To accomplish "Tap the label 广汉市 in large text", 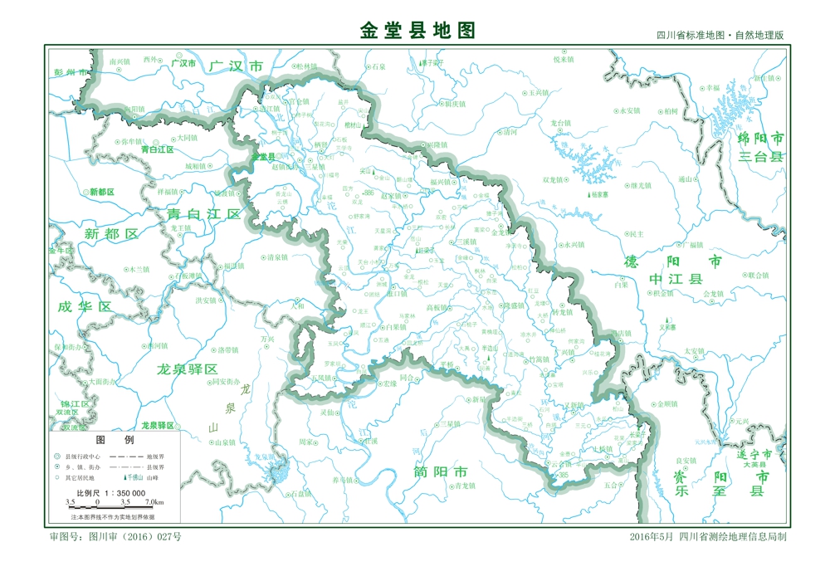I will coord(235,66).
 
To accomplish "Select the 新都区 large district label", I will coord(111,234).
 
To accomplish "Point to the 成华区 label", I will coord(84,306).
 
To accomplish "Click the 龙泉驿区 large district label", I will coord(187,369).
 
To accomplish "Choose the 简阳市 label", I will coord(440,471).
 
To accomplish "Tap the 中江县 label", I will coord(676,280).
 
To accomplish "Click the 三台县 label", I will coord(761,157).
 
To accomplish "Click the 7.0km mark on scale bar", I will coord(154,503).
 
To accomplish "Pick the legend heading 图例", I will coord(115,440).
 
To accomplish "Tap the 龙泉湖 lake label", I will coord(264,457).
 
